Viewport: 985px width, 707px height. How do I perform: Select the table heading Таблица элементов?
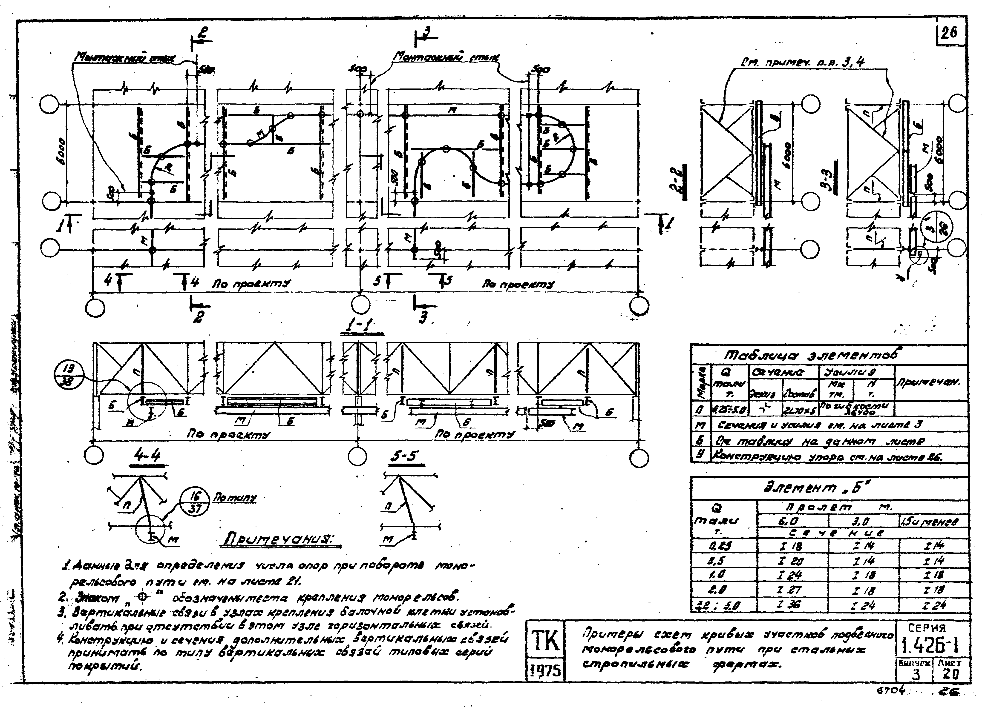810,355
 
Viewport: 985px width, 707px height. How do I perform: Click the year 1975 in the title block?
545,673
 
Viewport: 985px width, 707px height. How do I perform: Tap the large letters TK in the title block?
545,641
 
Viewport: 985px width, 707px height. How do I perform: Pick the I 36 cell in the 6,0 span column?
793,604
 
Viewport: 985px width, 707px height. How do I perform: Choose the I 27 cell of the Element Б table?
793,590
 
